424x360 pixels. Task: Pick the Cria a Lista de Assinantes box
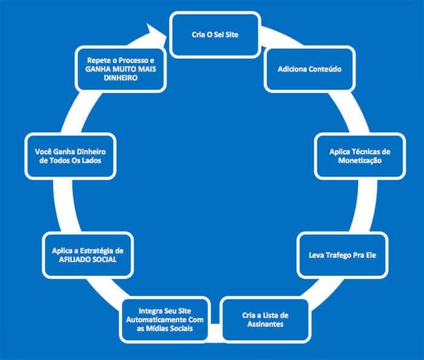point(262,318)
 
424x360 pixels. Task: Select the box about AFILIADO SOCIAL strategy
point(88,255)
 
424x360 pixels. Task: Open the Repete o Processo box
point(121,70)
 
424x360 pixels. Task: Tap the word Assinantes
point(262,324)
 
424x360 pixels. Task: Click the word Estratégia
point(101,250)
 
